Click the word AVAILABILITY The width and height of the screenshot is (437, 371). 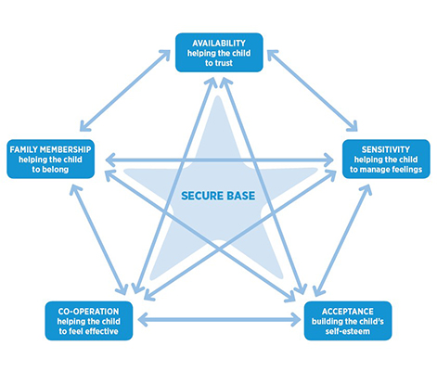coord(219,43)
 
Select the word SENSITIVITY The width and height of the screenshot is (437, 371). coord(386,149)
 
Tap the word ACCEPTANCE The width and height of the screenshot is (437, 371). coord(348,312)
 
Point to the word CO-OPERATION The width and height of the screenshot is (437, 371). coord(88,312)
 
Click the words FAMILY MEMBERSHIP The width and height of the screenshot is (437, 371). coord(50,149)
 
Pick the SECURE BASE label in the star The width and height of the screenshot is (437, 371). coord(218,196)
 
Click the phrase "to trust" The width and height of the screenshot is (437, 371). coord(219,63)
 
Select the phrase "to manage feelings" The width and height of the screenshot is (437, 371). coord(386,170)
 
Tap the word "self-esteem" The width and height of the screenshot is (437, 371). coord(348,331)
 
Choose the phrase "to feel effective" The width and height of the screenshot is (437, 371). coord(88,331)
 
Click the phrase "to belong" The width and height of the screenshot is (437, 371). coord(50,170)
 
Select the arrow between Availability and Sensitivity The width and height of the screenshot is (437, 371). coord(313,91)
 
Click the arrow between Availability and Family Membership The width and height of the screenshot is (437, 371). coord(125,91)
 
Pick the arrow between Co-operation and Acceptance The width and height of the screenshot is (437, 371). coord(219,320)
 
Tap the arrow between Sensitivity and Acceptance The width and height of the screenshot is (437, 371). coord(342,240)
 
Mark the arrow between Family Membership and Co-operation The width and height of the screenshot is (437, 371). coord(98,240)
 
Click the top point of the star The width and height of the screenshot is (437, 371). coord(218,96)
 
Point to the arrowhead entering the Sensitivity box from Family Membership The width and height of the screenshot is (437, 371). coord(328,160)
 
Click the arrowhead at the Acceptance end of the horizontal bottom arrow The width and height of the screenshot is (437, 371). coord(294,320)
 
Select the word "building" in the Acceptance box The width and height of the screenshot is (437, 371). coord(327,322)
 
